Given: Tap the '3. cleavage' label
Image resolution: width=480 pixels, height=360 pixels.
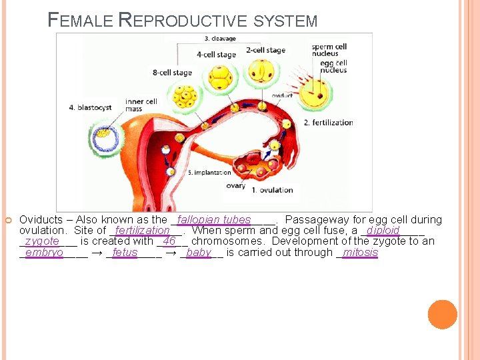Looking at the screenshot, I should click(x=220, y=39).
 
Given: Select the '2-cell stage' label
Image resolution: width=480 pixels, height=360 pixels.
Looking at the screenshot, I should click(x=265, y=50).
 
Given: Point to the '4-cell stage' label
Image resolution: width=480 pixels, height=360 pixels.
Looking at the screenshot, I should click(x=216, y=54).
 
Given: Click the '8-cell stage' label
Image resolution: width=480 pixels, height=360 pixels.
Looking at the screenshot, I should click(x=172, y=73).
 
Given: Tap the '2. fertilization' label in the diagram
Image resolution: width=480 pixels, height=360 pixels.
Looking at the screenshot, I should click(x=328, y=123).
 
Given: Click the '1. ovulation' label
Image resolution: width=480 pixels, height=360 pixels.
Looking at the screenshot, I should click(x=272, y=190).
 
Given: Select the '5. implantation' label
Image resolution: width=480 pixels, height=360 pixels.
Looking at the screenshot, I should click(x=209, y=173).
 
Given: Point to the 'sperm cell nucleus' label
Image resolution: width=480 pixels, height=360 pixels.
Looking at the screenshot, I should click(x=329, y=51).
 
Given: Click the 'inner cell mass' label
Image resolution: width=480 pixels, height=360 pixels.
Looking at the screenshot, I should click(x=141, y=105).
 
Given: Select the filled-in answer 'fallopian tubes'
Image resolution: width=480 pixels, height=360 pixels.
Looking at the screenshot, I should click(x=215, y=220).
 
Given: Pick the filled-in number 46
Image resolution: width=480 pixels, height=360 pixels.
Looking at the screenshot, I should click(x=169, y=241).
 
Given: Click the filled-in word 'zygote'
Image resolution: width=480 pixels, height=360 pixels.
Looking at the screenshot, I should click(x=42, y=241).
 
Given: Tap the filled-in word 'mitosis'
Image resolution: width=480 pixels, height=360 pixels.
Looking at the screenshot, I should click(x=360, y=253).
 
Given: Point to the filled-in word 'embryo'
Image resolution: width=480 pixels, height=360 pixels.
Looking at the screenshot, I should click(x=44, y=253).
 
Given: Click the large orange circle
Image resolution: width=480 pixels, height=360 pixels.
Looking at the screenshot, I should click(x=442, y=314).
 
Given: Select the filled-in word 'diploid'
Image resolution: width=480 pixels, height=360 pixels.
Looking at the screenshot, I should click(x=383, y=231).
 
